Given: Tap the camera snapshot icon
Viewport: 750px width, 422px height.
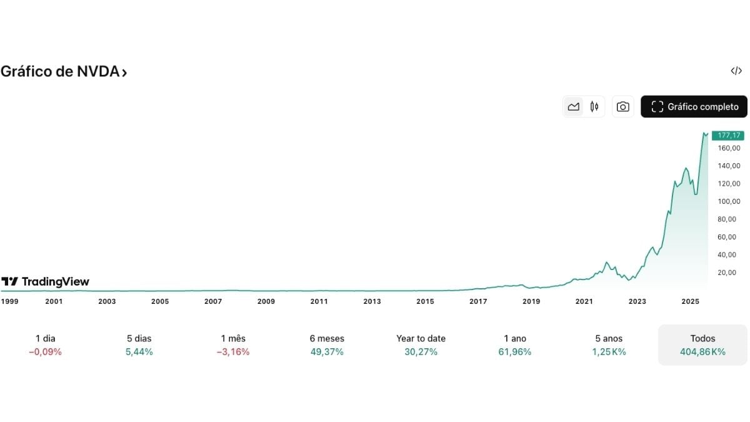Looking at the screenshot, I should (x=622, y=107).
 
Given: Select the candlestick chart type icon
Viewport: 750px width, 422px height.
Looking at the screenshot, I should (x=594, y=107).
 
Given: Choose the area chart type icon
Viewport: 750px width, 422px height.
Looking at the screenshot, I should (x=573, y=107).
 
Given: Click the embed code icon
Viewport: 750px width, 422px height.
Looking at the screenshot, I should (x=736, y=71).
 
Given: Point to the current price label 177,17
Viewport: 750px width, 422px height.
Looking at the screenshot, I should (x=729, y=136).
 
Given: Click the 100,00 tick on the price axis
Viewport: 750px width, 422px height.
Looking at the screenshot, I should (x=729, y=201).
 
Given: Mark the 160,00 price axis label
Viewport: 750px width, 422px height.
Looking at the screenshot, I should (x=729, y=148).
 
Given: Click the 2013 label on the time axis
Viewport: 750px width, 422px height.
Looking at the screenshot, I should (x=372, y=301).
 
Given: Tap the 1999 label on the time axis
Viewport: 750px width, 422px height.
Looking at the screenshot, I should (x=9, y=301).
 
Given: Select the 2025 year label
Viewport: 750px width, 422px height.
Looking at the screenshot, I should (x=690, y=301).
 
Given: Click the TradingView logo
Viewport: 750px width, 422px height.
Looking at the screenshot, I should (x=45, y=282).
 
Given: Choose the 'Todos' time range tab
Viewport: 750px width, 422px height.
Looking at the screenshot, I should (x=702, y=338).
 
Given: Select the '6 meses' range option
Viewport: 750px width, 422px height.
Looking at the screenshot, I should (x=327, y=338).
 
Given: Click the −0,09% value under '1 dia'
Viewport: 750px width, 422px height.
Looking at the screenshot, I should (x=45, y=352).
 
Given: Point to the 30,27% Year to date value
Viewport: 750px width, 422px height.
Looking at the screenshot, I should (x=421, y=352).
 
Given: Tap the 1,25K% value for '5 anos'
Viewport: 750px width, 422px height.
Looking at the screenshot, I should (x=609, y=352).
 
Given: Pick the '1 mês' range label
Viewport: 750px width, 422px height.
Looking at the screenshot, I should (x=232, y=338).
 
